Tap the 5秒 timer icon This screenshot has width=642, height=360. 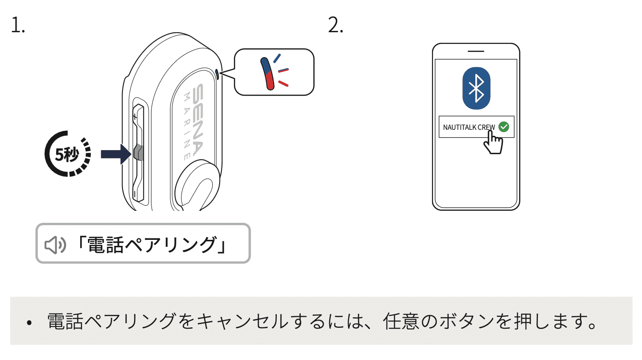[68, 154]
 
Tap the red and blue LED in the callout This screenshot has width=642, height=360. [268, 73]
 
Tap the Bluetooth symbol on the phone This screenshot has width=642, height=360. [476, 88]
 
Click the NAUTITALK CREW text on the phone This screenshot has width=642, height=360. [468, 127]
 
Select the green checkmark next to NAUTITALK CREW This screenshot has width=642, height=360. [504, 127]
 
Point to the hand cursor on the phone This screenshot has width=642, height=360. [493, 142]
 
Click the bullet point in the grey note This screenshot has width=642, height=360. [29, 323]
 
